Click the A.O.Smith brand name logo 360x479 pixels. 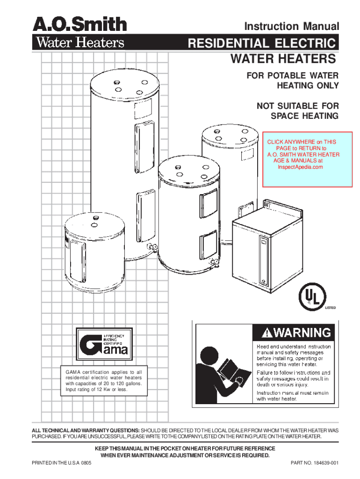[x=79, y=24]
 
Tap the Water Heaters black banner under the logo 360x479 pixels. [x=79, y=43]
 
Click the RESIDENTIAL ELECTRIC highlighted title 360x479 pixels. [x=262, y=44]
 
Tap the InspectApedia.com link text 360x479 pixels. [x=300, y=167]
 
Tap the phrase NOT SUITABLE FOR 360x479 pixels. [x=297, y=106]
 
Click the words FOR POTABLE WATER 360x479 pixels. [x=293, y=76]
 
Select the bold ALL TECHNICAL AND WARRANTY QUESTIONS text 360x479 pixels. [x=85, y=429]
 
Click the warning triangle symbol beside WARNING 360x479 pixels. [x=266, y=334]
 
